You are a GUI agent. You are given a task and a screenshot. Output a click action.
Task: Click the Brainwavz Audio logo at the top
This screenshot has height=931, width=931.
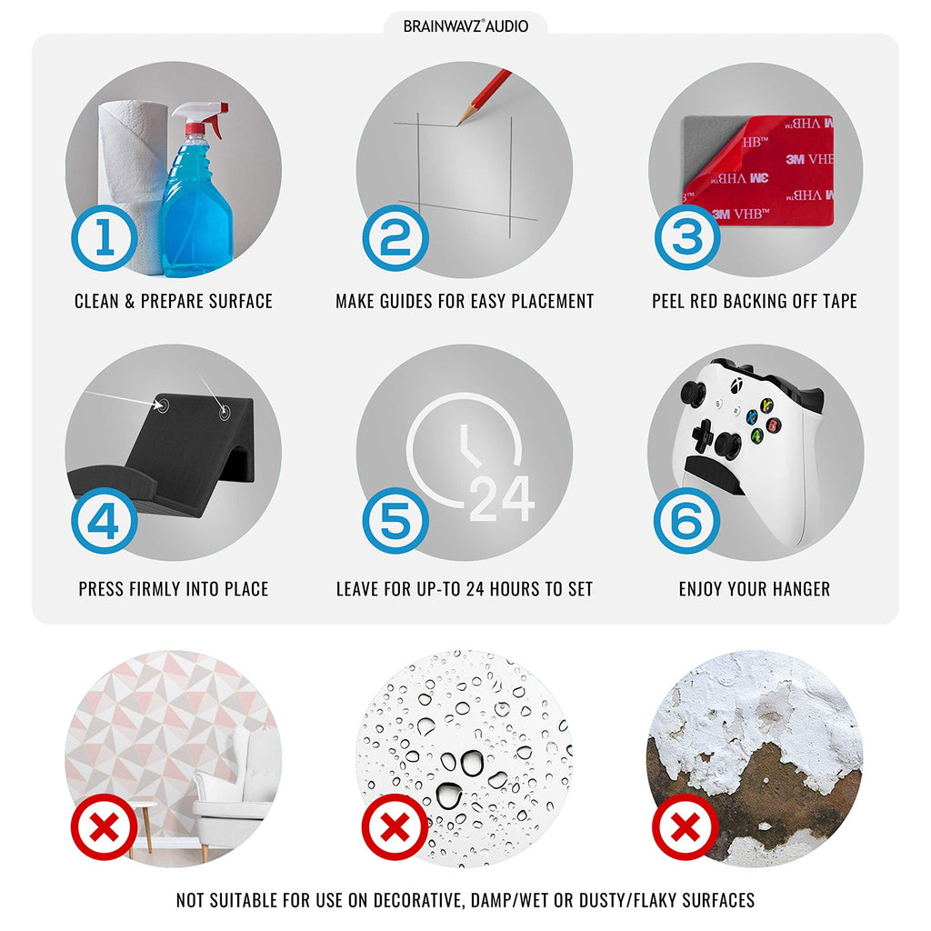465,26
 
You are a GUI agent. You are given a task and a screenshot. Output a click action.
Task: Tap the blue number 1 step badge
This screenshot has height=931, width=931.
105,237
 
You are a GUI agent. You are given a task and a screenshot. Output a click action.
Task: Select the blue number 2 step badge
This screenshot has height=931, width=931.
395,237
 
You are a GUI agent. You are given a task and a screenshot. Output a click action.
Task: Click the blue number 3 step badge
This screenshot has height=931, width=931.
687,237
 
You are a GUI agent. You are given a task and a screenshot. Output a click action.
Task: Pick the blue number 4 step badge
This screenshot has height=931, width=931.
105,521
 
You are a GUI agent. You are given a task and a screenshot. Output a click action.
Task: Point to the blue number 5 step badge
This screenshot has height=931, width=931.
395,521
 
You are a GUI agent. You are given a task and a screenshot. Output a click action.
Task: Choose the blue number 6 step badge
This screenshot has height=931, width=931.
687,521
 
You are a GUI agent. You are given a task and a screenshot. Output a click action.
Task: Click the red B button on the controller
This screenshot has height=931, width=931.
772,425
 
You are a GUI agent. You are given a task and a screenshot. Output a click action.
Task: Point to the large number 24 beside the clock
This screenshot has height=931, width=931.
502,499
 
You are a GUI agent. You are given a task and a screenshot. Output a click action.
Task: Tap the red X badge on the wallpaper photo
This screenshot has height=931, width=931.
105,826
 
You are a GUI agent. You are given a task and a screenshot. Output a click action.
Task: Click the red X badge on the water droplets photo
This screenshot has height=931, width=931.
395,826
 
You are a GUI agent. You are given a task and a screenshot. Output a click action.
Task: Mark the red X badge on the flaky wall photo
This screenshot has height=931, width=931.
686,826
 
